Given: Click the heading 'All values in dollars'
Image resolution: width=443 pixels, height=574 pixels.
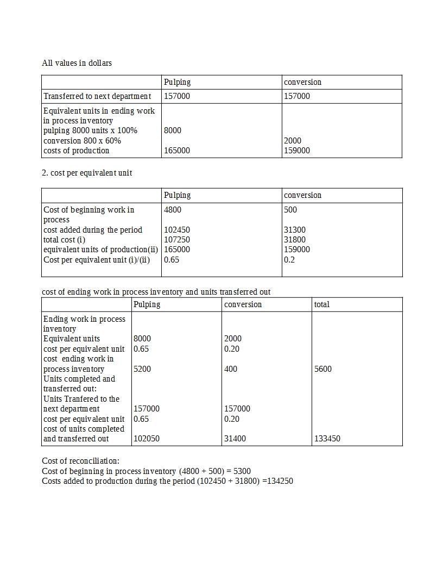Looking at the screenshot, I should [77, 63].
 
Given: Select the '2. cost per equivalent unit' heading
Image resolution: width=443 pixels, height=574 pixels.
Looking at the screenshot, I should [87, 173].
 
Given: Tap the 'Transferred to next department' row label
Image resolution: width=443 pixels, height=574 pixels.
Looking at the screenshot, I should [97, 96].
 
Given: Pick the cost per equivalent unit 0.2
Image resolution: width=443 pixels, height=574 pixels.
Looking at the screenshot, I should [289, 260].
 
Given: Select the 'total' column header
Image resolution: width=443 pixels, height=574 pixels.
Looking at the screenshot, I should [321, 304].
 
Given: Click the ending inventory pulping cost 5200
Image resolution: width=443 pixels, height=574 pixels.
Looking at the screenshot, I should [142, 369].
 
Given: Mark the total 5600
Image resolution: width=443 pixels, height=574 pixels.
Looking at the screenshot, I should [323, 369].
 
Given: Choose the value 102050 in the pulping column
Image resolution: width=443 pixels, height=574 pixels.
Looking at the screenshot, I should [147, 439].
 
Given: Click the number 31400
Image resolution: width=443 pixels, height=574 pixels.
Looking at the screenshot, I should [235, 439].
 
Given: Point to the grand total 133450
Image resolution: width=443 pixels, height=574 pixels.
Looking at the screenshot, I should [327, 439].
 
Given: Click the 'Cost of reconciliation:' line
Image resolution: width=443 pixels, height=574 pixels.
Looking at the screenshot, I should [80, 461].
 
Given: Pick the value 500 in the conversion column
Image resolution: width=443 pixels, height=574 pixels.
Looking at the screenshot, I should [290, 210].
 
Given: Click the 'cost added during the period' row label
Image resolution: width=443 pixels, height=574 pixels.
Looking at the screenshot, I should [93, 230].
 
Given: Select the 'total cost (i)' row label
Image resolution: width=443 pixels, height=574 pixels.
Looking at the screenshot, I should [65, 240].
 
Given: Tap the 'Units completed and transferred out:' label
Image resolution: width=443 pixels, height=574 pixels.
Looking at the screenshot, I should [79, 384].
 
